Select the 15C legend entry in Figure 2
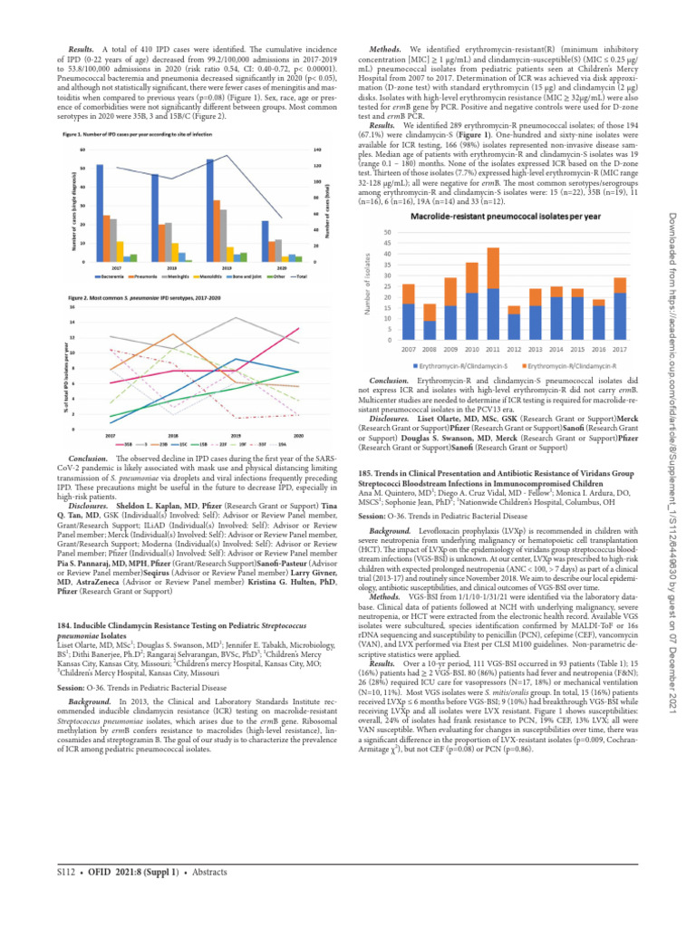click(x=182, y=444)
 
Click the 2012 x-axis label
click(x=514, y=349)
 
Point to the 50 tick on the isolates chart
click(x=389, y=232)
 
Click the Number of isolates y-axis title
click(x=369, y=286)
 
